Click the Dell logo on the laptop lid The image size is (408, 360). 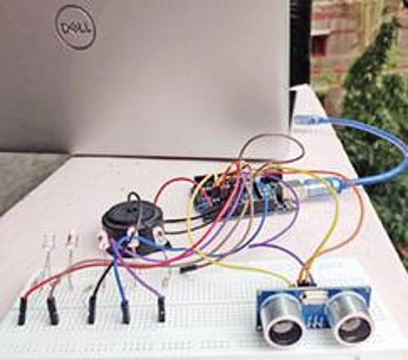click(x=76, y=27)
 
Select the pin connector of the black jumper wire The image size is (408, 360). click(x=91, y=309)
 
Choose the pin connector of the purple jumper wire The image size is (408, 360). click(x=161, y=309)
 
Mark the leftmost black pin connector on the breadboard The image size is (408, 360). click(x=21, y=311)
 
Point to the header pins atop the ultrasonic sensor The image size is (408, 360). click(x=303, y=282)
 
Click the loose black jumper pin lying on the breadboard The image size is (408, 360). click(x=188, y=270)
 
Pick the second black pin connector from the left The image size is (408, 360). click(x=53, y=311)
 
